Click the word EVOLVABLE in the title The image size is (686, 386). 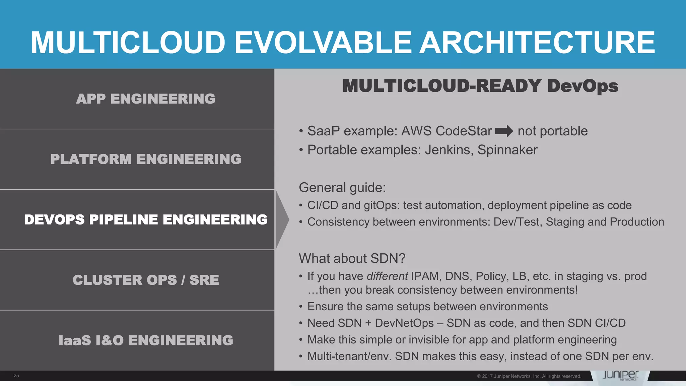coord(323,43)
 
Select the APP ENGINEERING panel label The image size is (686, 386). coord(146,99)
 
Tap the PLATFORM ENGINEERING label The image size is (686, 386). coord(146,159)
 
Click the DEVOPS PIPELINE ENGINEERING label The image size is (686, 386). coord(146,220)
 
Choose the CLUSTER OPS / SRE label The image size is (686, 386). coord(146,280)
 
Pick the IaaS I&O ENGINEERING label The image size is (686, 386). coord(146,340)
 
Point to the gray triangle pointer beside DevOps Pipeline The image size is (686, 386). coord(282,219)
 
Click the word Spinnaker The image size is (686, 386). coord(507,150)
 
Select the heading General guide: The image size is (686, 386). coord(342,188)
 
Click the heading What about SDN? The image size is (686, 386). coord(352,258)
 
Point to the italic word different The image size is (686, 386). coord(387,276)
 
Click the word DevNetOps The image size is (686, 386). coord(404,323)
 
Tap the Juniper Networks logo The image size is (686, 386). coord(621,375)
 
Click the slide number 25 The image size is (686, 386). coord(16,376)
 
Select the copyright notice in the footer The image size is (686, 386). coord(529,376)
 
